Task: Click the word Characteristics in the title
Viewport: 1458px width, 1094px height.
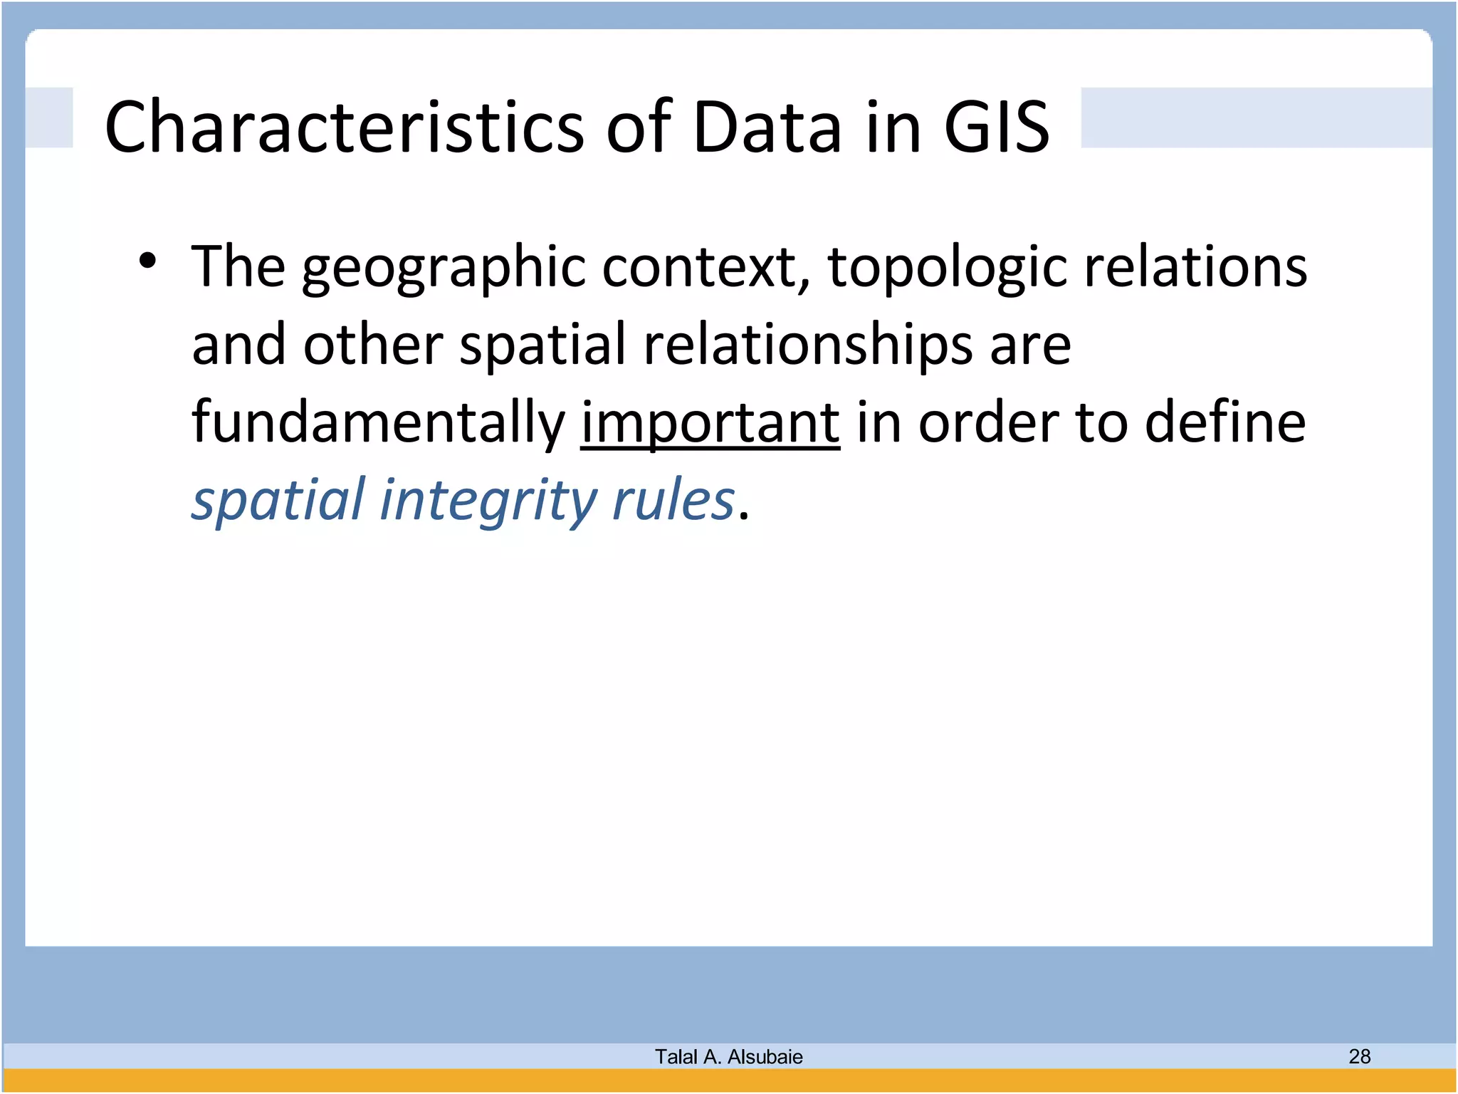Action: click(x=345, y=127)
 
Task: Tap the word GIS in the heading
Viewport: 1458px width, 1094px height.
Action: click(x=996, y=127)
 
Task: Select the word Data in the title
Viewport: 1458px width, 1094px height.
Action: click(x=767, y=127)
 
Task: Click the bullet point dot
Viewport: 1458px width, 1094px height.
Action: click(x=147, y=261)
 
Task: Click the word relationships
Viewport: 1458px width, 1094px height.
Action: click(x=808, y=345)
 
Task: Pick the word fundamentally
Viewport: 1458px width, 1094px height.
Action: click(x=378, y=423)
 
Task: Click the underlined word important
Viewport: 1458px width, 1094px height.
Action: click(x=710, y=423)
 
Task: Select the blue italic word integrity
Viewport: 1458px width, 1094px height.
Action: click(x=488, y=501)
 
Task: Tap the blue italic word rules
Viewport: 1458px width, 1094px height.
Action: click(x=673, y=500)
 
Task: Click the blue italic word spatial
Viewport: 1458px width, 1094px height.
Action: click(x=278, y=501)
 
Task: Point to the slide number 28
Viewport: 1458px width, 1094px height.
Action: click(x=1359, y=1056)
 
